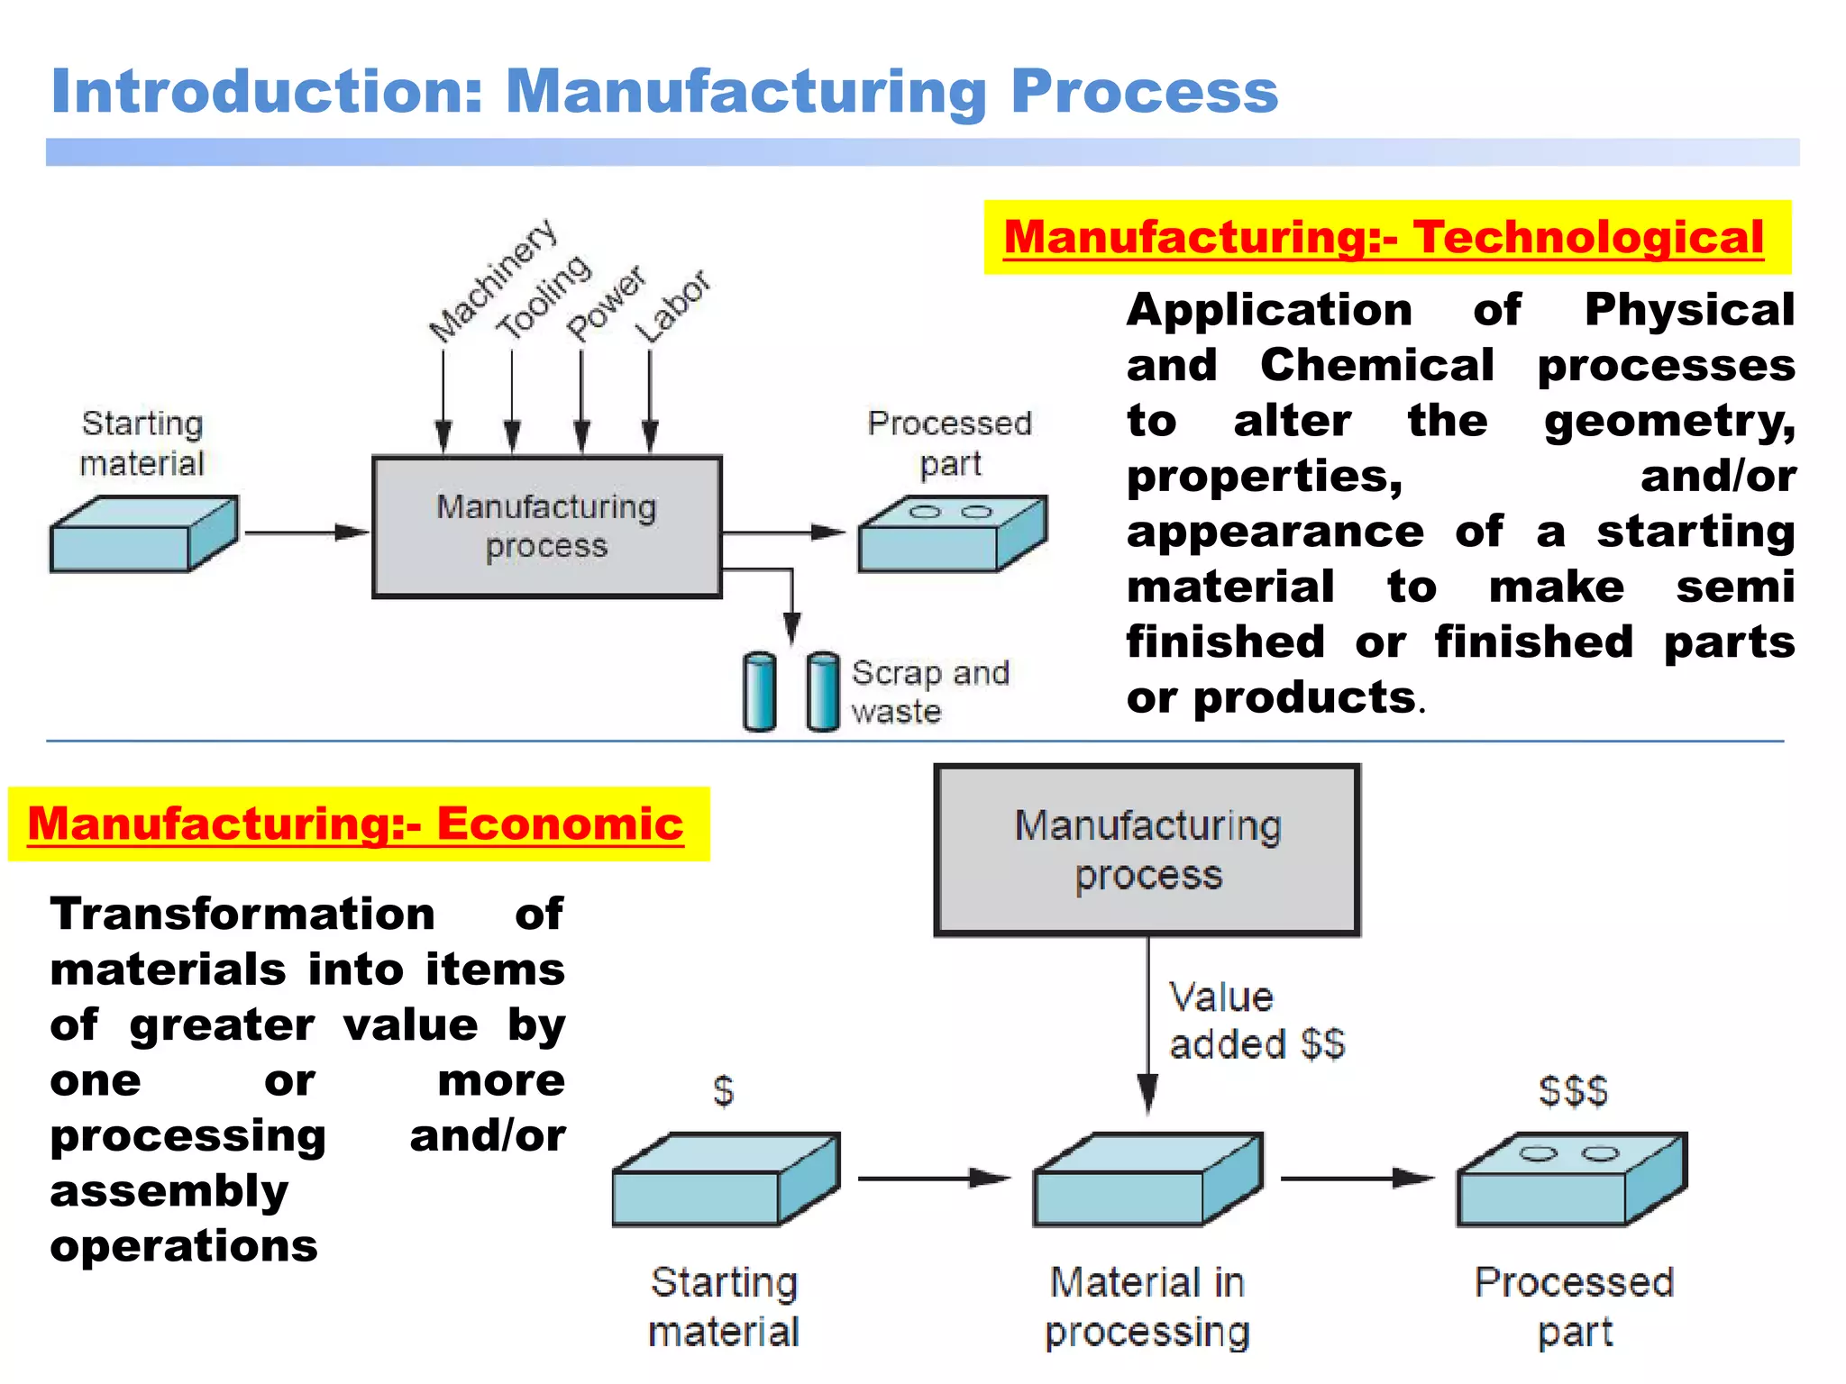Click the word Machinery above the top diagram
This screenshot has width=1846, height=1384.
(492, 281)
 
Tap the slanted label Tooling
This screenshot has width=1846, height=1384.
(544, 297)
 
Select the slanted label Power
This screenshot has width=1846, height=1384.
(606, 304)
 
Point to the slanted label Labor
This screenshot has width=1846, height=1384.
(672, 306)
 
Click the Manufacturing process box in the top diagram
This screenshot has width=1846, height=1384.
(546, 527)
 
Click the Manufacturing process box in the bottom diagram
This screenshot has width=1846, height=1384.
(1147, 850)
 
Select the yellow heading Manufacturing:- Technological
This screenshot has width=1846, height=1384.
(1384, 238)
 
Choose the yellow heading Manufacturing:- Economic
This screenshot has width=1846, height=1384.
(356, 824)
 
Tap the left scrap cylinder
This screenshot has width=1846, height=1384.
(760, 692)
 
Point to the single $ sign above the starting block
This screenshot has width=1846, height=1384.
(723, 1091)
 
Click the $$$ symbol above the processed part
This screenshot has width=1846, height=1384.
(1573, 1091)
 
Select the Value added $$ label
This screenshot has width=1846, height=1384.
(1256, 1021)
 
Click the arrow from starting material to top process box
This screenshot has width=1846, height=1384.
(306, 533)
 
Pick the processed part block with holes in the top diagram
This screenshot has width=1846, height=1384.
(952, 534)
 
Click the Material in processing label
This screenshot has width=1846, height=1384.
(1147, 1307)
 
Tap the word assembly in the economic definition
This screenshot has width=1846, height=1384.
(169, 1191)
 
